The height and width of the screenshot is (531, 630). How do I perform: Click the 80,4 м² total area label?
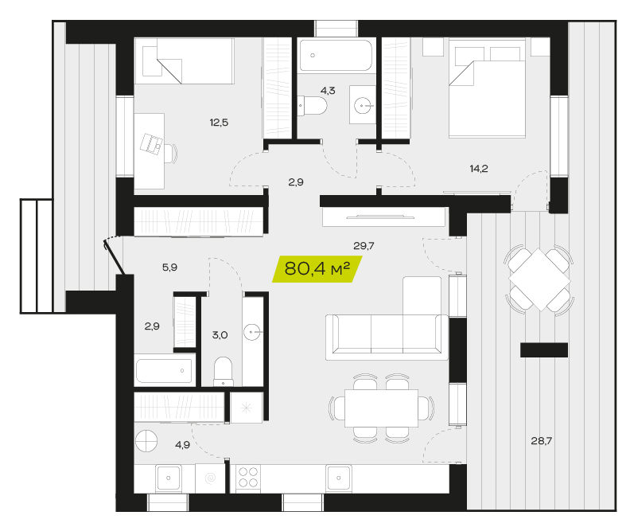(x=317, y=268)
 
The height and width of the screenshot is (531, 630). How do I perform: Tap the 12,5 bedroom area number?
(x=219, y=122)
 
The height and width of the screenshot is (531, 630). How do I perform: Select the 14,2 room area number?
(x=479, y=169)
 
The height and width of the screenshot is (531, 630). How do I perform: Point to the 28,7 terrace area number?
(x=541, y=441)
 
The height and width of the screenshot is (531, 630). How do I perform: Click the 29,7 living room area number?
(x=364, y=245)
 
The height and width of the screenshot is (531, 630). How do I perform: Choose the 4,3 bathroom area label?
(x=328, y=91)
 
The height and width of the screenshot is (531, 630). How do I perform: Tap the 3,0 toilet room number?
(x=220, y=335)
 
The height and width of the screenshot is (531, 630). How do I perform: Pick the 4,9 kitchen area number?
(x=182, y=444)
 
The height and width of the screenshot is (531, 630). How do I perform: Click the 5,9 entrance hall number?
(x=169, y=267)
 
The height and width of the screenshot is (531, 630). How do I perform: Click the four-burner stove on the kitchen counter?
(x=248, y=477)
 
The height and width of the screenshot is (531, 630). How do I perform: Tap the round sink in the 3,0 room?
(x=252, y=333)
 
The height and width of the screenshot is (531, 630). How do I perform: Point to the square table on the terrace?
(x=539, y=279)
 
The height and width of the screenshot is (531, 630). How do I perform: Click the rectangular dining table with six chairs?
(x=381, y=408)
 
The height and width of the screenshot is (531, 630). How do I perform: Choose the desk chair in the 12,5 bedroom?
(x=171, y=153)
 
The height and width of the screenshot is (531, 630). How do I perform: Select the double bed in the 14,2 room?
(x=487, y=88)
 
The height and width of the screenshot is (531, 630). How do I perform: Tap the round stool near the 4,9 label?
(x=146, y=440)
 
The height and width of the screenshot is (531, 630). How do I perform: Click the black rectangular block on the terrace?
(x=544, y=349)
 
